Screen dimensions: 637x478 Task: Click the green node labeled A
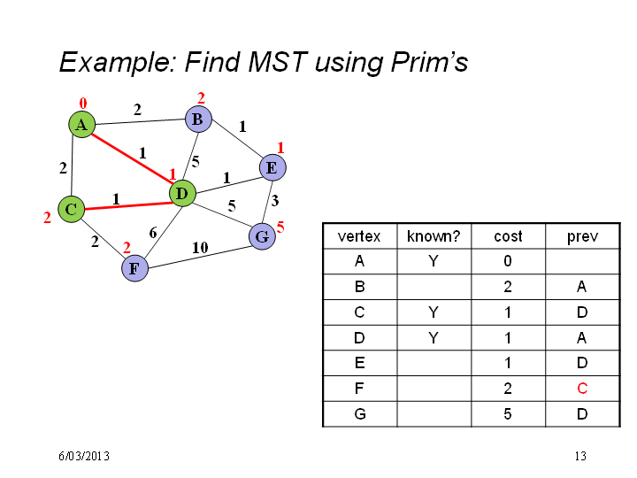click(81, 125)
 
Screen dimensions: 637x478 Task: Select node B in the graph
click(198, 119)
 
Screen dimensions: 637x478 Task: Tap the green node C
click(71, 209)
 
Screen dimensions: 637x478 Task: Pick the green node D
click(182, 194)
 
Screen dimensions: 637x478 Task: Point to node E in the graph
click(272, 167)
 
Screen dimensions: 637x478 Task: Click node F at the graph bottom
click(134, 268)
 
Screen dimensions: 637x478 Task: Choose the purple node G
click(262, 236)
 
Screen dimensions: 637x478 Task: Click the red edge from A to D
click(133, 159)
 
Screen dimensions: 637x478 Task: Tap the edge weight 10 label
click(200, 248)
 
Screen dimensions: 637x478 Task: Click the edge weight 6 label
click(153, 233)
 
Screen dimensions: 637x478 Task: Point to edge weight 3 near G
click(275, 200)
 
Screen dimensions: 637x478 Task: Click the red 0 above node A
click(83, 104)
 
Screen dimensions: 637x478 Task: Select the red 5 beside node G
click(280, 227)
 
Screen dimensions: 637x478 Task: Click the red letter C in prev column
click(582, 389)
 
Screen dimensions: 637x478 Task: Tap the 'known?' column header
click(434, 236)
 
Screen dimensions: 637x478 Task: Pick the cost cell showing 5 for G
click(508, 413)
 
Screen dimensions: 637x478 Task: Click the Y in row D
click(434, 337)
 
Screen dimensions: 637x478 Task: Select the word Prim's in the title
click(429, 62)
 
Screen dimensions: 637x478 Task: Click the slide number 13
click(580, 456)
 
